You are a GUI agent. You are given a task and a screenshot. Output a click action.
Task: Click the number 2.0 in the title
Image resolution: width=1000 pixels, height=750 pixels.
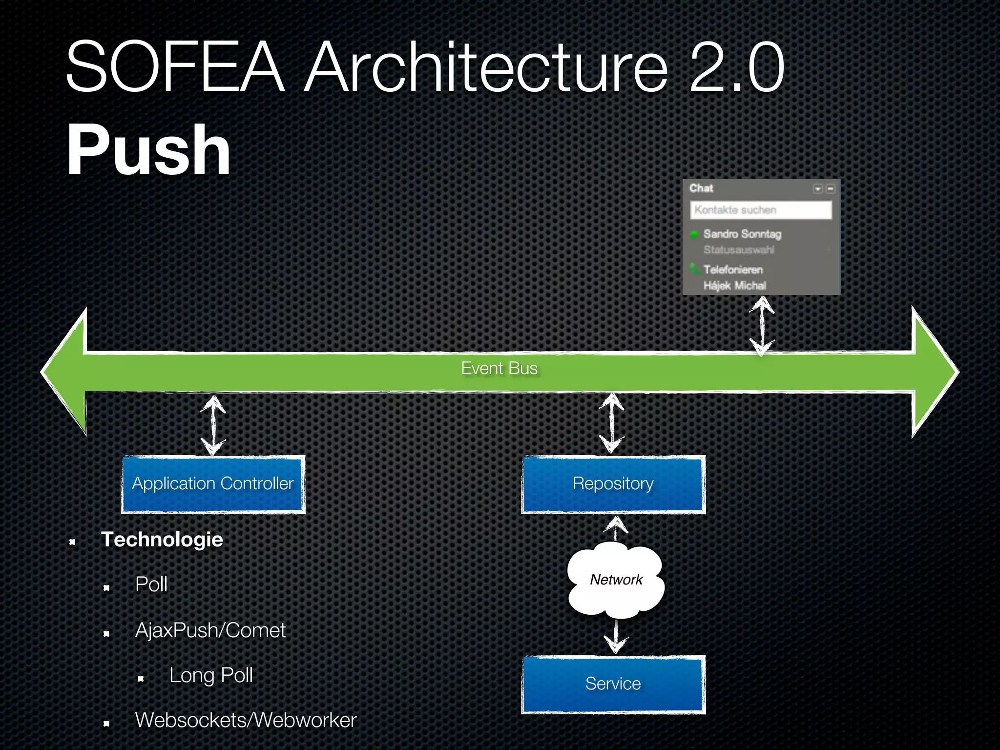(x=736, y=67)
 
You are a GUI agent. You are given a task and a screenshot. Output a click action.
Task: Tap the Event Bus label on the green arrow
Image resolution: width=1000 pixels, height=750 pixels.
(x=499, y=368)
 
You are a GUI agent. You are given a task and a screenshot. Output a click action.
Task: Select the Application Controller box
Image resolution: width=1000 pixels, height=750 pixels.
(x=213, y=484)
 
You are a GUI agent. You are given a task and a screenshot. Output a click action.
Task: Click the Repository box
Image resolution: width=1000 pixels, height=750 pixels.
(x=613, y=484)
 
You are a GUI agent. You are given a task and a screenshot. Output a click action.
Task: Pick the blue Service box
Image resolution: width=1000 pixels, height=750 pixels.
(x=613, y=684)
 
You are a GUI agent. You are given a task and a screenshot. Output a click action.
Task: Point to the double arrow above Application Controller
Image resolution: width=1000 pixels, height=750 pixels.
(x=213, y=425)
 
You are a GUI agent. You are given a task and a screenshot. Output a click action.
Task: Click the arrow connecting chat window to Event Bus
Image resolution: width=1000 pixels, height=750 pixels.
(x=762, y=326)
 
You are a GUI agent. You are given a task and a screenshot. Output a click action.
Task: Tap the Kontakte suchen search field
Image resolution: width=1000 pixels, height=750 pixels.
(x=760, y=210)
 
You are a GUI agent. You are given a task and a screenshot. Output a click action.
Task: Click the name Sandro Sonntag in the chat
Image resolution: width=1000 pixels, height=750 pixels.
(x=742, y=234)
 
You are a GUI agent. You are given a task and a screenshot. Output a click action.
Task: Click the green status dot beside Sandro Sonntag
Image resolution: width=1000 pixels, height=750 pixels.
(x=694, y=235)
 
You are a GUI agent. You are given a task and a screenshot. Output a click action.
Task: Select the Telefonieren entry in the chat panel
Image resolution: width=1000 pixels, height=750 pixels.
(x=732, y=270)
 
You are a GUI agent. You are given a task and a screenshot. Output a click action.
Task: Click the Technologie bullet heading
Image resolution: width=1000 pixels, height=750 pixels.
(x=162, y=540)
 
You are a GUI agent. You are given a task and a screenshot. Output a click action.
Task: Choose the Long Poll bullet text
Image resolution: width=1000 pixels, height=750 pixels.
(x=211, y=675)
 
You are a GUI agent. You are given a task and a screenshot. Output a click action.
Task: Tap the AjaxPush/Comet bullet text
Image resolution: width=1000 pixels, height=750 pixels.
(x=210, y=630)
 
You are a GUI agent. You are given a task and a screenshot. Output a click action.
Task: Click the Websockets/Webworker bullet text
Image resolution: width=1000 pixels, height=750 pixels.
(x=246, y=720)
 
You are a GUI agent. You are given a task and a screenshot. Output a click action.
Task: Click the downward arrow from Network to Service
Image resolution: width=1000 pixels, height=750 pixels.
(x=616, y=637)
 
